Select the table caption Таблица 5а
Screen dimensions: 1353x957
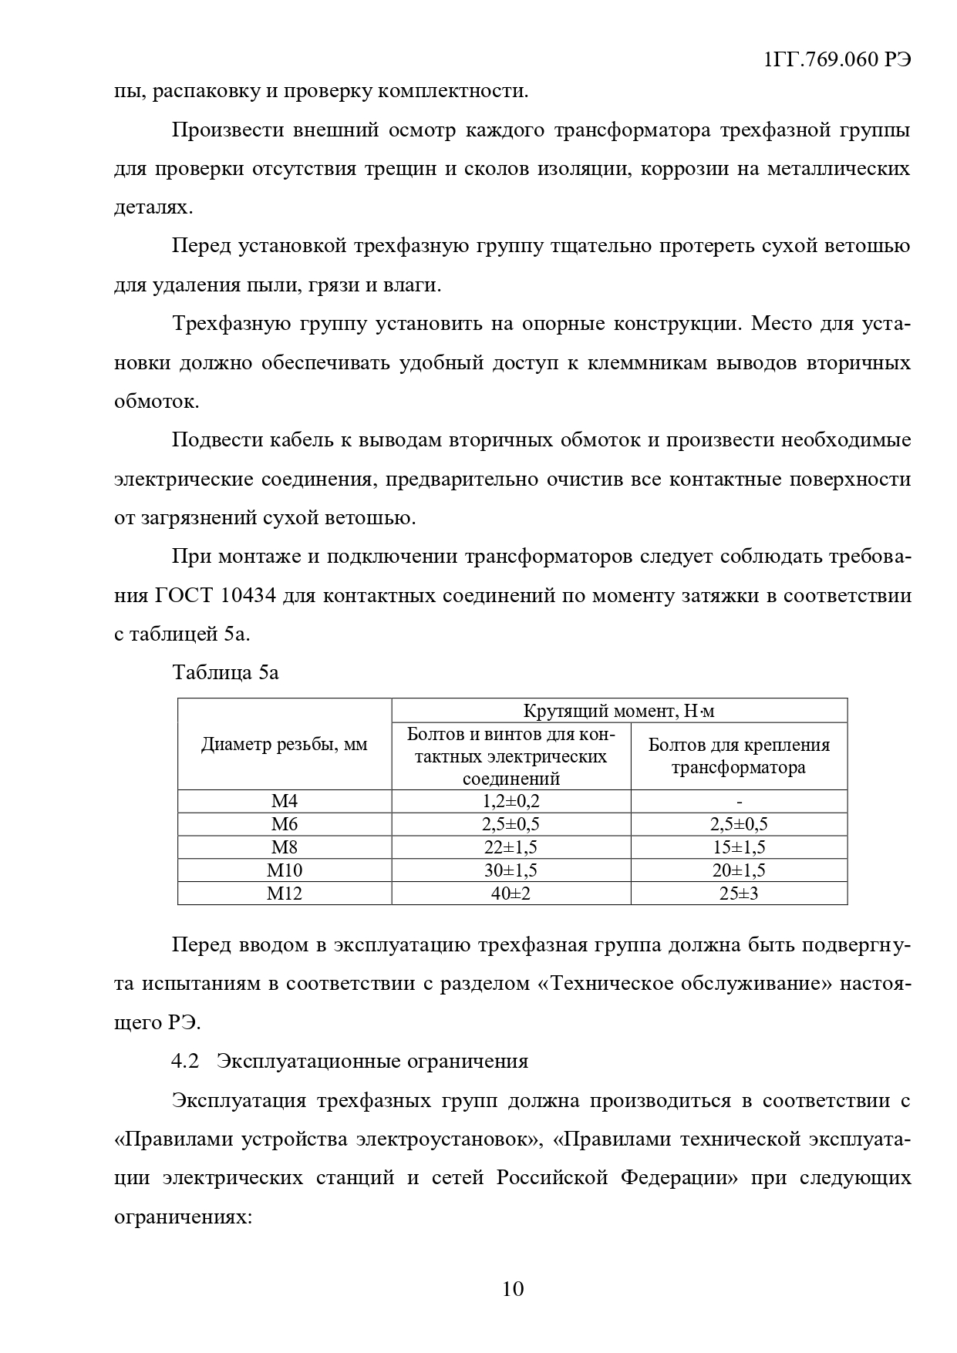225,672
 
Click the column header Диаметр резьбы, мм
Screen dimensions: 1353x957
284,745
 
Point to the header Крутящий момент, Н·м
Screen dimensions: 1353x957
618,711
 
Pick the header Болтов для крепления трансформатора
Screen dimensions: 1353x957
738,756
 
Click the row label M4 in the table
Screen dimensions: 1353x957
284,801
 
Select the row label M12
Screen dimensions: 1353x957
284,894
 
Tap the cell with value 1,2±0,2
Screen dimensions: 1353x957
511,801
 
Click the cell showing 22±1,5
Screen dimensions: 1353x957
511,847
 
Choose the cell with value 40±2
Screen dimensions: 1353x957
511,894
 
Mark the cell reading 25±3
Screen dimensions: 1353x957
738,894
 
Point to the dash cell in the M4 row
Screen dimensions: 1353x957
739,801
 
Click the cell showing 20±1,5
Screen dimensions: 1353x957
738,870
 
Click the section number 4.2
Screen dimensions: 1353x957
185,1061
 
